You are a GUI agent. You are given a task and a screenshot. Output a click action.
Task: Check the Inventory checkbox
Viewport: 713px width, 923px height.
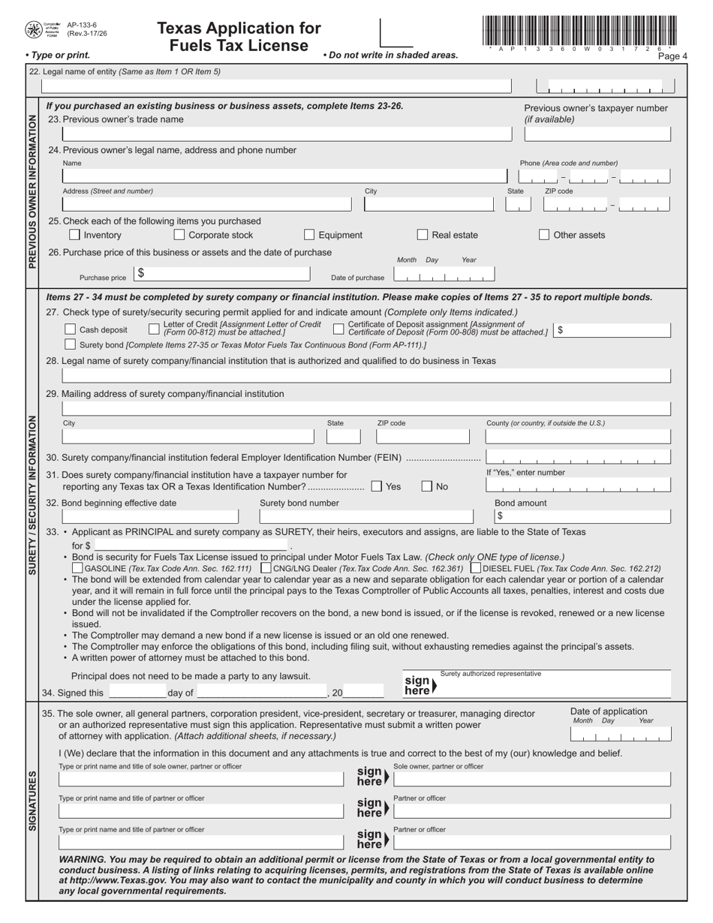coord(74,235)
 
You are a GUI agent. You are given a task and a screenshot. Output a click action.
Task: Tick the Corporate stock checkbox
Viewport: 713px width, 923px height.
coord(179,235)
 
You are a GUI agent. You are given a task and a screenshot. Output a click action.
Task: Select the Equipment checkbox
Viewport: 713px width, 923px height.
coord(309,235)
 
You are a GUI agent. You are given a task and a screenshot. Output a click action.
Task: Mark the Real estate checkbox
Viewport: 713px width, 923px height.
coord(423,235)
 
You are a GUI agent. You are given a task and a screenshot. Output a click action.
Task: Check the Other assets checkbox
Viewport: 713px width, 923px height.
coord(544,235)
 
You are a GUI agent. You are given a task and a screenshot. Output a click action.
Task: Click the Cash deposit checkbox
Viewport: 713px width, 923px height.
coord(71,329)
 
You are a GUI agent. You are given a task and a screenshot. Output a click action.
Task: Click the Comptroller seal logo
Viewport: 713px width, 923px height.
coord(34,29)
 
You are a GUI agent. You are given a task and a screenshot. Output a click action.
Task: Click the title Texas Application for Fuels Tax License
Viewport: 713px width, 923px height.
coord(239,37)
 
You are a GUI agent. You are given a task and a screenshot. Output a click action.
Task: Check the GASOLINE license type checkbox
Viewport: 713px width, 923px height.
coord(77,569)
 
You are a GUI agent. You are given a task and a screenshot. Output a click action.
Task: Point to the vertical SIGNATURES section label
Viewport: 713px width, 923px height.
coord(32,801)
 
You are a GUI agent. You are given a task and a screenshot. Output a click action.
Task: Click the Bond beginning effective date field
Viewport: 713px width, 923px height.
coord(149,516)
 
